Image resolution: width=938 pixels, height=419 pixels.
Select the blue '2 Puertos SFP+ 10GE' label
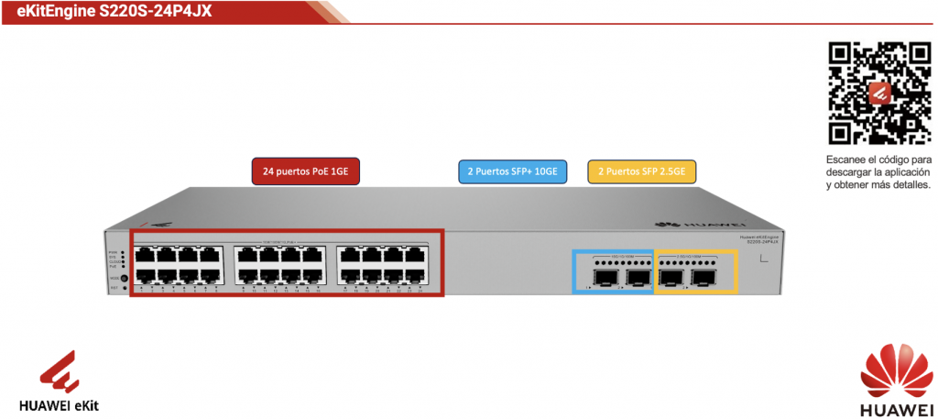point(512,171)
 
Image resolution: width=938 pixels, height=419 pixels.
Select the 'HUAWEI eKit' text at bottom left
point(60,403)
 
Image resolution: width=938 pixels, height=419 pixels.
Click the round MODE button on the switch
point(123,277)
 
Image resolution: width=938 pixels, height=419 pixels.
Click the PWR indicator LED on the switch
point(123,251)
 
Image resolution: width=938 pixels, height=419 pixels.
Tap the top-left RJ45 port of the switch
point(144,254)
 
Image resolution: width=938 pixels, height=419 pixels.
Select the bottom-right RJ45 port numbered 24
point(417,276)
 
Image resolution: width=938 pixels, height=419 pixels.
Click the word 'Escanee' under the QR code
point(844,159)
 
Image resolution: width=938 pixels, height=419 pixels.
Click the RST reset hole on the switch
point(123,288)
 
